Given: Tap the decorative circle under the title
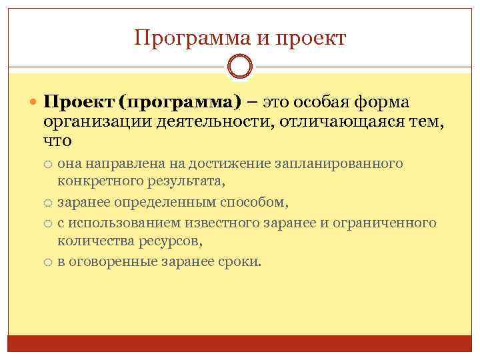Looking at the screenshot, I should pos(240,67).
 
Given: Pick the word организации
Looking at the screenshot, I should pos(98,123).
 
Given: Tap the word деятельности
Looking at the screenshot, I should pos(210,123).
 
